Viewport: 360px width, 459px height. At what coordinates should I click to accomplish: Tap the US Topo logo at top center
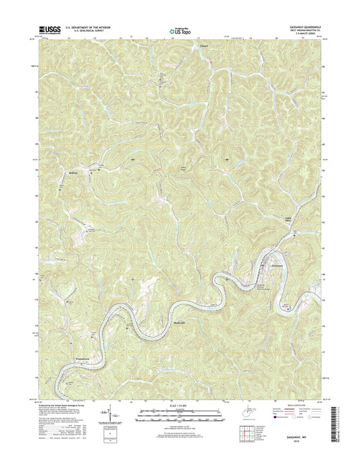[x=180, y=30]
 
